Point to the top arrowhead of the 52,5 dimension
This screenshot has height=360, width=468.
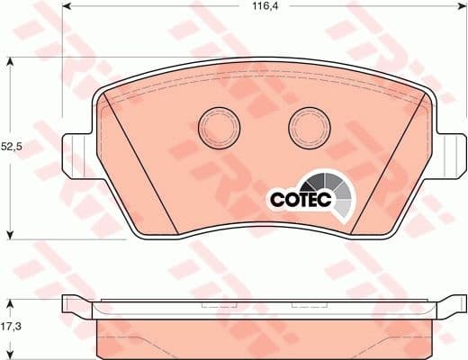pyautogui.click(x=9, y=61)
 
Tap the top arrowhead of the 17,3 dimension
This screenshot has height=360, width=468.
pyautogui.click(x=9, y=301)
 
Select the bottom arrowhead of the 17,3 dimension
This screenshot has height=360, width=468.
pyautogui.click(x=9, y=355)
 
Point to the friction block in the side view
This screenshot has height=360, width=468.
pyautogui.click(x=261, y=337)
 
